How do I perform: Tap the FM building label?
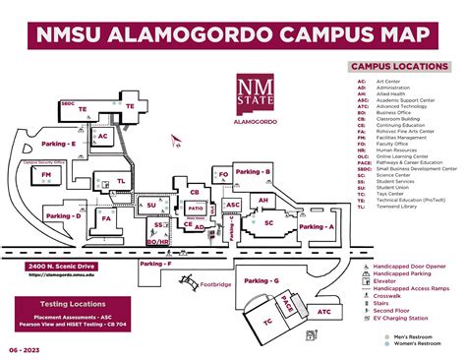(x=46, y=175)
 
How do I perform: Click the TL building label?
(x=121, y=181)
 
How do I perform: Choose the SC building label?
(x=268, y=223)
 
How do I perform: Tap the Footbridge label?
(x=214, y=285)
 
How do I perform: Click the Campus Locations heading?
(x=392, y=66)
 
